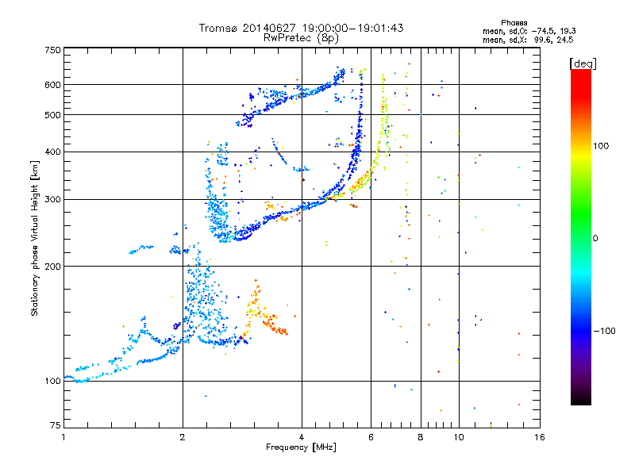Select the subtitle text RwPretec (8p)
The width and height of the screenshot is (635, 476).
coord(301,38)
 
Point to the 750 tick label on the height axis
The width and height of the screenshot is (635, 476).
coord(52,50)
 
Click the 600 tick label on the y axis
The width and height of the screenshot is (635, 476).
coord(52,85)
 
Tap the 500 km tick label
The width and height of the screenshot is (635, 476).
coord(52,115)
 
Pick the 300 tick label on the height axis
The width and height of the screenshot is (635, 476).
coord(52,199)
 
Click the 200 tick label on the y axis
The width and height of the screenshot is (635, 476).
coord(52,267)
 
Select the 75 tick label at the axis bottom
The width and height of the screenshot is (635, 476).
coord(56,425)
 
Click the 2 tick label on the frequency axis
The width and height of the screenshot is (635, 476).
coord(183,437)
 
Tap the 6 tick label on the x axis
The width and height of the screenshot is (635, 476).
coord(371,437)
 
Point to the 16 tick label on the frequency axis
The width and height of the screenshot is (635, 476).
coord(540,437)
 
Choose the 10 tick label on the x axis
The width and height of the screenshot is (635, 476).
coord(459,437)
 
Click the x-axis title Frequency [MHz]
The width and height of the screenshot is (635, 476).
coord(301,447)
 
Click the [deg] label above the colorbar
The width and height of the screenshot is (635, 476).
coord(583,63)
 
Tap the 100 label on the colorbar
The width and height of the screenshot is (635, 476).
coord(601,146)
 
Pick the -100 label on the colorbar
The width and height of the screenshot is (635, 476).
coord(604,331)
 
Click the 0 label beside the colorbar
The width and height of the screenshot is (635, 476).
coord(595,239)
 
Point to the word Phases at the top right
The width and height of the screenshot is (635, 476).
coord(514,23)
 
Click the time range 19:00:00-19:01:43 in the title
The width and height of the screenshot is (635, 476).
coord(352,28)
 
